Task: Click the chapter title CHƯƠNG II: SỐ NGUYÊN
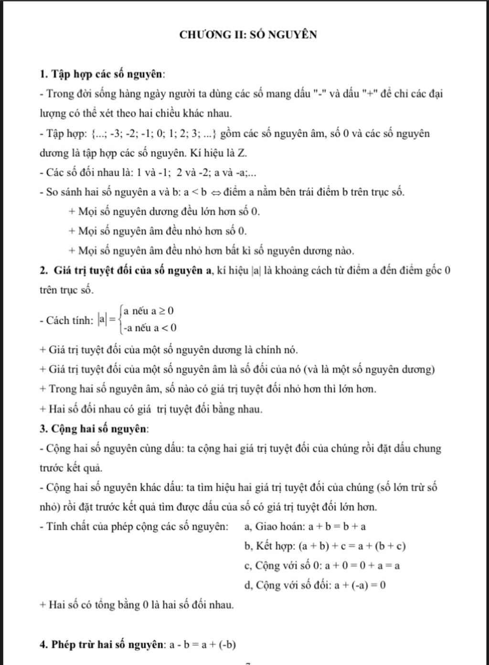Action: pyautogui.click(x=248, y=35)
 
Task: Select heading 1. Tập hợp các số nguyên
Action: pyautogui.click(x=103, y=74)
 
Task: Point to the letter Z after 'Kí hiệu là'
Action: pyautogui.click(x=242, y=153)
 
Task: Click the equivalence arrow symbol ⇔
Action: pyautogui.click(x=215, y=192)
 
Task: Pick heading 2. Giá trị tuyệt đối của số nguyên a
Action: pyautogui.click(x=127, y=271)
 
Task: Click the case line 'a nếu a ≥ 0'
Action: pyautogui.click(x=149, y=311)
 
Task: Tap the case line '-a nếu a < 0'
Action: pyautogui.click(x=149, y=328)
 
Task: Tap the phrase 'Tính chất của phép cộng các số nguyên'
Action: pyautogui.click(x=137, y=527)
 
